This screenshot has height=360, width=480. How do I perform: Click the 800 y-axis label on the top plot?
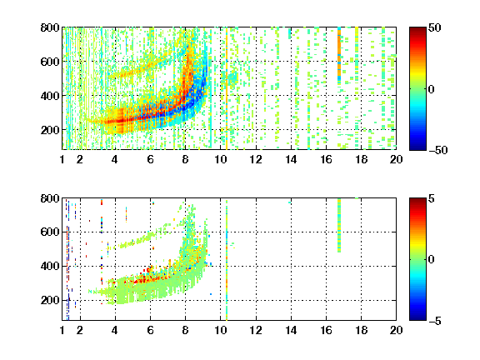point(50,27)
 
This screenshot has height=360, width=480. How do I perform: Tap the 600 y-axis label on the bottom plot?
point(50,232)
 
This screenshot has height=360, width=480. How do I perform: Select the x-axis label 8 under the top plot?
point(185,159)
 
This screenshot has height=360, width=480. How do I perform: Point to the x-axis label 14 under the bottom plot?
point(291,330)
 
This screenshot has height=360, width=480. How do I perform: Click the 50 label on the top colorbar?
point(435,27)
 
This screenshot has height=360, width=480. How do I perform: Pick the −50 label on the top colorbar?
point(437,150)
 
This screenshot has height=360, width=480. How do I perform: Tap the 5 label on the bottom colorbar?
point(432,198)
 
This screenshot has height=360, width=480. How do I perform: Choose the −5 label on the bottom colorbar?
point(435,321)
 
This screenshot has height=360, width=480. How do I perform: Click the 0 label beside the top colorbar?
point(432,89)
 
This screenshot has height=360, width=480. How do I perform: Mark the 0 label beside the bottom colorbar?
point(432,260)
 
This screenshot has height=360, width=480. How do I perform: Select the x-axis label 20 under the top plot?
point(396,159)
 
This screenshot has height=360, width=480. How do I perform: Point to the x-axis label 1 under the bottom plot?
point(62,330)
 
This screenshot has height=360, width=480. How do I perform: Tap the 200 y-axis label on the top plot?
point(50,130)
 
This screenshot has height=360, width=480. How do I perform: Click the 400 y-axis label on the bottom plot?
point(50,266)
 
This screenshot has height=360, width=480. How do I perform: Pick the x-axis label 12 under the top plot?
point(256,159)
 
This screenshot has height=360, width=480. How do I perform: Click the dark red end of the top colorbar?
point(417,31)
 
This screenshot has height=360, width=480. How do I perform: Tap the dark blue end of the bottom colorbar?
point(417,317)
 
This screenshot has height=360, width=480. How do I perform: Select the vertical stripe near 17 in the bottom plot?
point(339,226)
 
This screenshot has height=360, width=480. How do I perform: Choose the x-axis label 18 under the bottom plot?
point(361,330)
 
